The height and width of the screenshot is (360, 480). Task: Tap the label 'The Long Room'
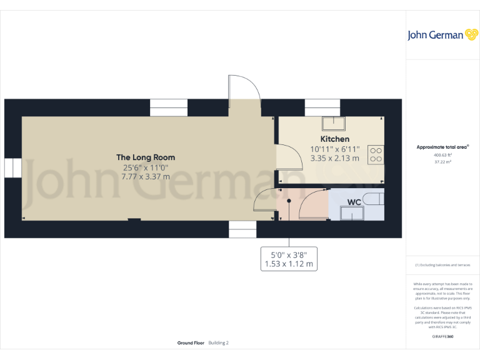pyautogui.click(x=146, y=157)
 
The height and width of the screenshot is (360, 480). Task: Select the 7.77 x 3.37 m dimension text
pyautogui.click(x=146, y=177)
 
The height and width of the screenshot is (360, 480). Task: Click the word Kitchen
pyautogui.click(x=335, y=139)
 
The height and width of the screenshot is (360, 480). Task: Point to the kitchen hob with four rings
pyautogui.click(x=376, y=154)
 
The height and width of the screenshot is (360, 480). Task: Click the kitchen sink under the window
pyautogui.click(x=333, y=122)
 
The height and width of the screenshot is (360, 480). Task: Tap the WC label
pyautogui.click(x=353, y=202)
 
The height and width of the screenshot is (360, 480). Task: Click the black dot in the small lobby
pyautogui.click(x=289, y=201)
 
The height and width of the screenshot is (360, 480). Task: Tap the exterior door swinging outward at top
pyautogui.click(x=244, y=91)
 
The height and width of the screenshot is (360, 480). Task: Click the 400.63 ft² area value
pyautogui.click(x=442, y=155)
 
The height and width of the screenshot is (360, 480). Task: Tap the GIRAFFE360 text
pyautogui.click(x=442, y=337)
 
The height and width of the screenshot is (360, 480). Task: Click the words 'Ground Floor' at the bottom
pyautogui.click(x=191, y=343)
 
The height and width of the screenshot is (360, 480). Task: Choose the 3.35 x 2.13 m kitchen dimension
pyautogui.click(x=335, y=158)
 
